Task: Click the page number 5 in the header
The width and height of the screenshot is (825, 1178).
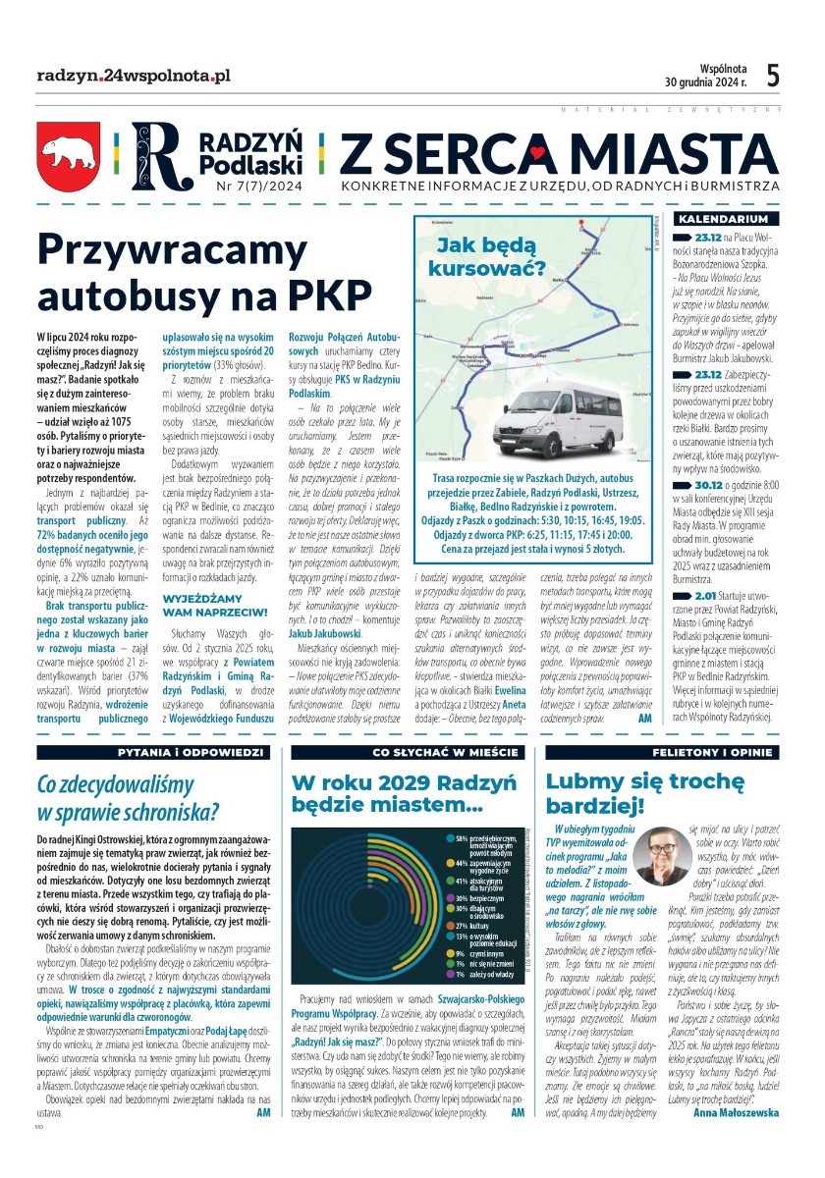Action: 773,75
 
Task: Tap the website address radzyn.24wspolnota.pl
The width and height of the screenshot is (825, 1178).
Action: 134,75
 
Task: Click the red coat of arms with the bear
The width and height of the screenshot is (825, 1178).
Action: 69,157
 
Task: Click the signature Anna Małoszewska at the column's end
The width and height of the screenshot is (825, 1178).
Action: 736,1112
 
